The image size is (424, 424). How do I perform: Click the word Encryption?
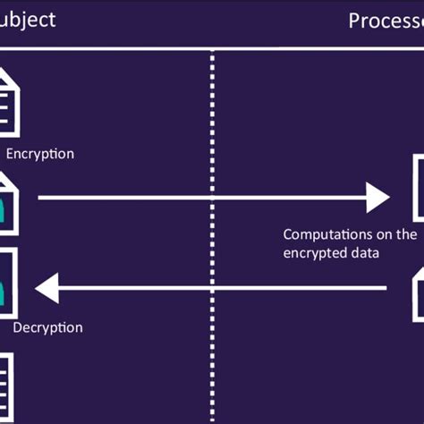[39, 154]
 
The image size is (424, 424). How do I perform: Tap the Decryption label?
[47, 327]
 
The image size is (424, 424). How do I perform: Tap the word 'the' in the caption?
[406, 234]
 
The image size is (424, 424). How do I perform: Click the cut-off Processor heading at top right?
[385, 21]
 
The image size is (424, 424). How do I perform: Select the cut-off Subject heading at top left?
[28, 19]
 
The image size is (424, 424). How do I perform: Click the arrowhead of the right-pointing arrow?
[378, 197]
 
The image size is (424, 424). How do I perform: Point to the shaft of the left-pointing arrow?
[224, 288]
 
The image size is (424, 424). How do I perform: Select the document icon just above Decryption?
[8, 283]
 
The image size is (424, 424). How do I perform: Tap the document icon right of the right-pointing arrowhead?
[417, 188]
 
